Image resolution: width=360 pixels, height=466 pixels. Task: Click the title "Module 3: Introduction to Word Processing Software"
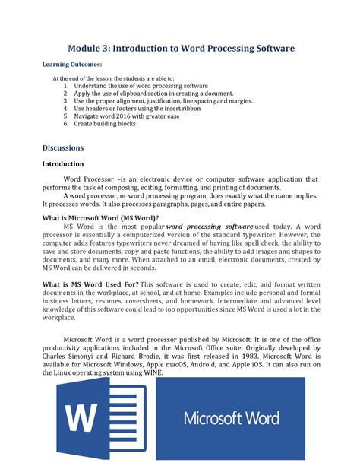tap(179, 48)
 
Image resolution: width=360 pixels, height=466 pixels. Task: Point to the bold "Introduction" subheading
tap(62, 163)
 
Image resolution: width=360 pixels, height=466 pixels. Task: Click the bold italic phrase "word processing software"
tap(210, 227)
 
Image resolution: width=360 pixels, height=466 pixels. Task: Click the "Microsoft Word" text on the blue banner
tap(230, 418)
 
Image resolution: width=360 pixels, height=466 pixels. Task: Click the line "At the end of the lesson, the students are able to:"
tap(113, 78)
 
